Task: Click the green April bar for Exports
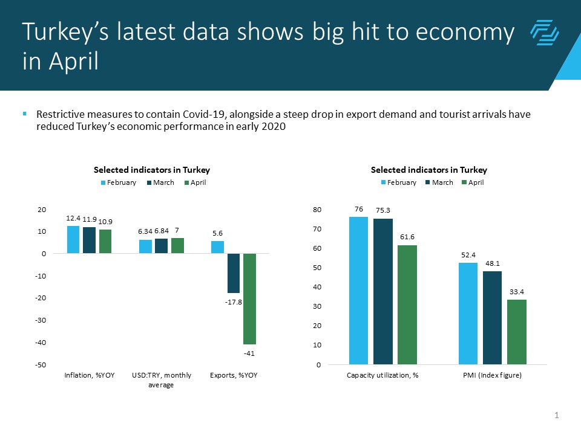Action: click(249, 298)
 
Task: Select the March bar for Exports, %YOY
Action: click(234, 273)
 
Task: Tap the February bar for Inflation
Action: click(73, 240)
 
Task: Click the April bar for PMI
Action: click(516, 332)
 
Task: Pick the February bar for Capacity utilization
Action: click(358, 291)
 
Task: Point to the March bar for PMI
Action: click(492, 318)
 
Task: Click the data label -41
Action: click(249, 352)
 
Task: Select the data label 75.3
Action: click(382, 211)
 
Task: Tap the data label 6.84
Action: click(162, 231)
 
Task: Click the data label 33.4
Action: click(516, 292)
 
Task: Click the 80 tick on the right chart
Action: click(317, 210)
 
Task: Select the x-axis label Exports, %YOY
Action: click(234, 375)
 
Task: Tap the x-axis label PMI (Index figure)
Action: click(492, 375)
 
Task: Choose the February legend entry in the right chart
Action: click(399, 182)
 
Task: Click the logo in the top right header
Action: click(544, 33)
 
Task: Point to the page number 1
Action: click(556, 415)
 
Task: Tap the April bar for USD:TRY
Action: click(177, 246)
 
